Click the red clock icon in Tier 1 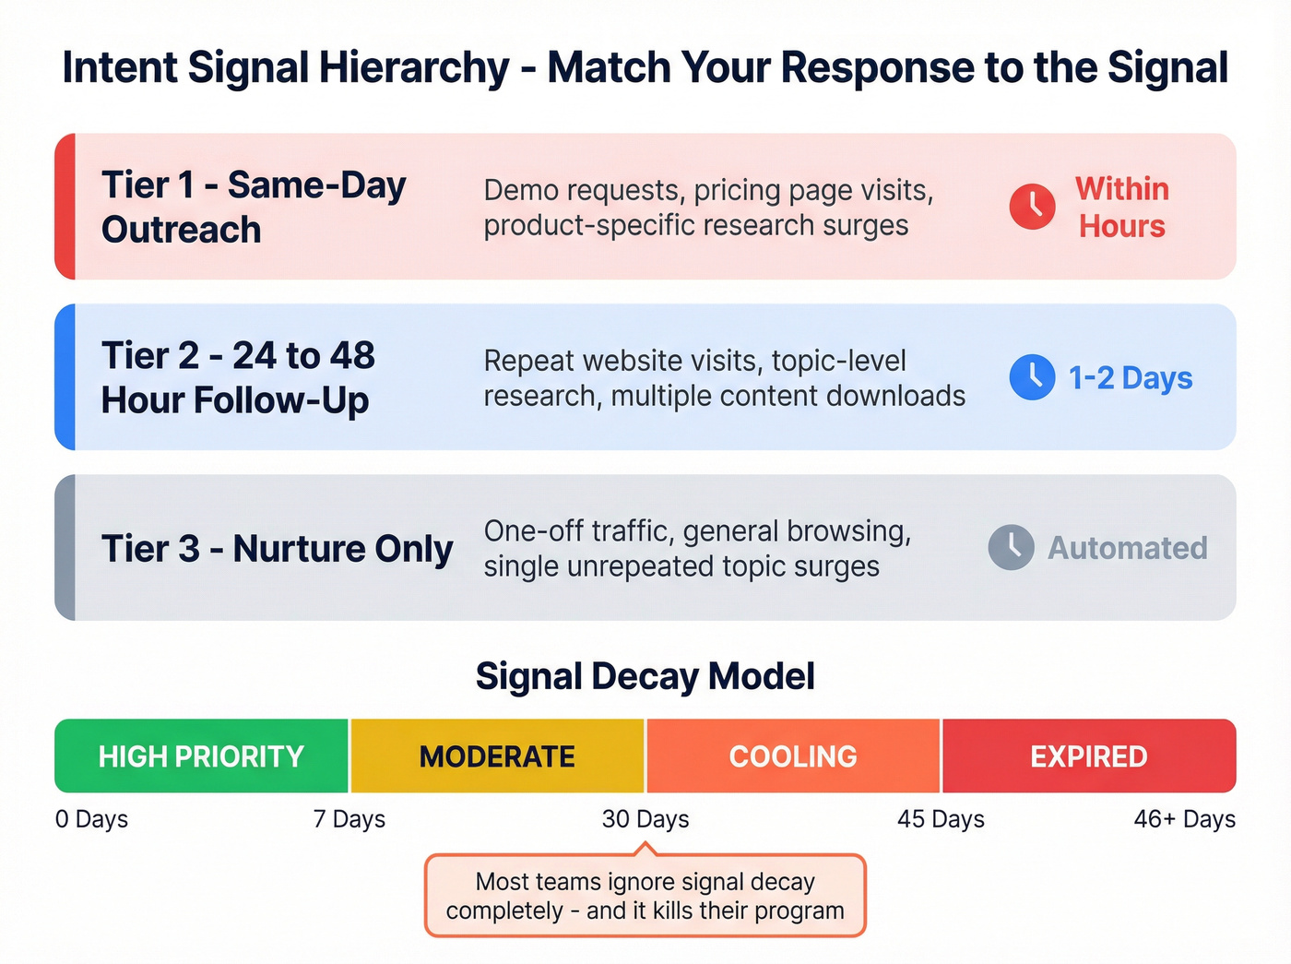coord(1032,206)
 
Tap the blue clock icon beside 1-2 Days coord(1032,376)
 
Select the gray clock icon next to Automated coord(1011,547)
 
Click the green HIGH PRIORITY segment coord(201,756)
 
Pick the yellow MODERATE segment coord(497,756)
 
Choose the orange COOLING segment coord(793,756)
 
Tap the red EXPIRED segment coord(1088,756)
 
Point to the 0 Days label coord(91,819)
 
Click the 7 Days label coord(349,819)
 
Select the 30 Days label coord(645,819)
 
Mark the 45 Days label coord(941,819)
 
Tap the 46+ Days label coord(1184,819)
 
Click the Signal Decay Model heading coord(645,676)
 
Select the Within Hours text coord(1122,208)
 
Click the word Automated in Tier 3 coord(1127,548)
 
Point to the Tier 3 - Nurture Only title coord(277,549)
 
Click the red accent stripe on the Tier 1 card coord(65,207)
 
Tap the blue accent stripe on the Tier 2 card coord(65,377)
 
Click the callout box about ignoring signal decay coord(645,896)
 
